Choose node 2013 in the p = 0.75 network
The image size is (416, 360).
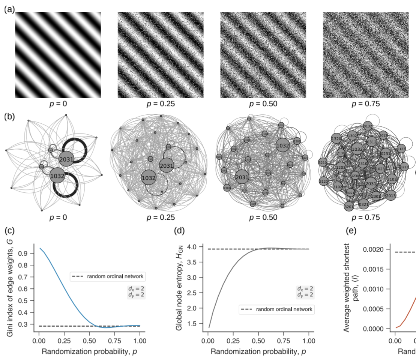(390, 195)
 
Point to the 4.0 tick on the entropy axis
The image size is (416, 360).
(198, 246)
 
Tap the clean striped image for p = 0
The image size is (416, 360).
(58, 55)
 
